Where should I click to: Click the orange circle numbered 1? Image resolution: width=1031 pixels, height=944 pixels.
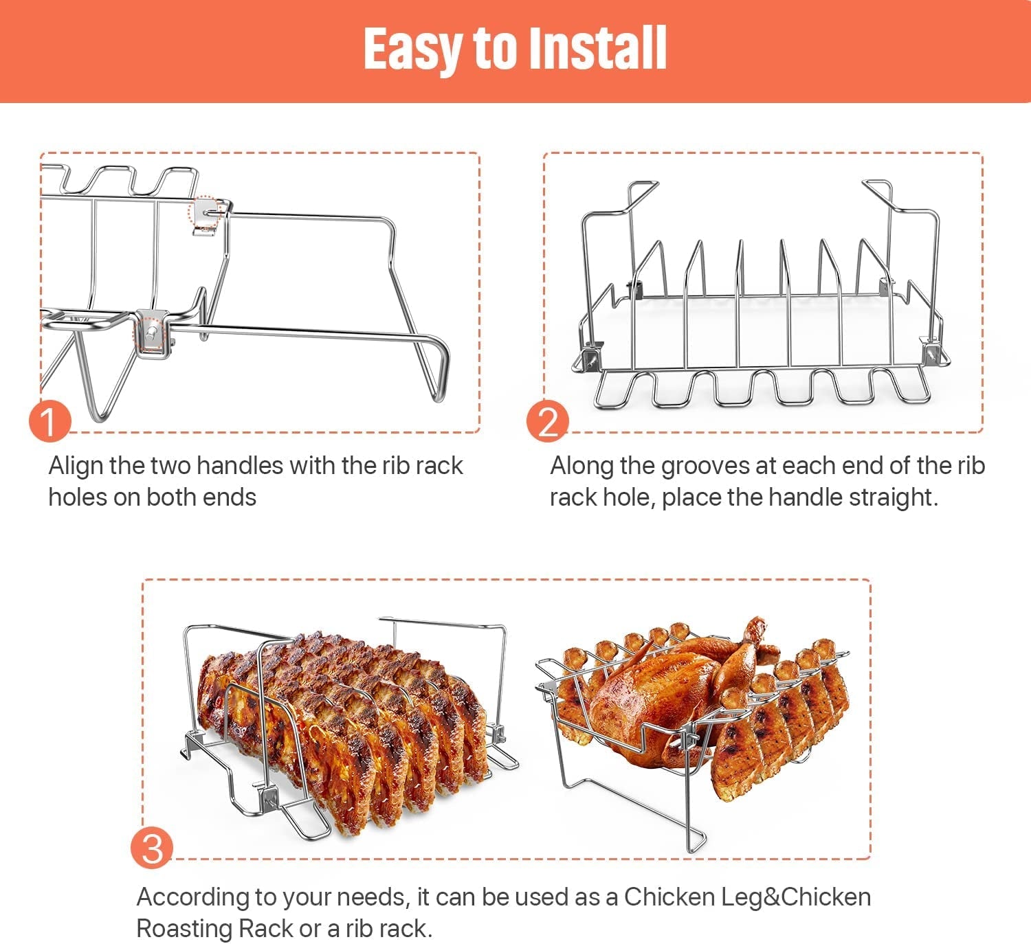pos(49,420)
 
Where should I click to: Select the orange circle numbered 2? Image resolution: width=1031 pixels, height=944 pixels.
pos(548,421)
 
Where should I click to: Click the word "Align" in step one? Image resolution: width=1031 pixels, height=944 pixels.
pos(76,466)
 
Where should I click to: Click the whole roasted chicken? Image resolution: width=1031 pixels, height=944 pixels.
pos(660,694)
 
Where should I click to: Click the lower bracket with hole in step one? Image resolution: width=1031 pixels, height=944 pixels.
pos(153,333)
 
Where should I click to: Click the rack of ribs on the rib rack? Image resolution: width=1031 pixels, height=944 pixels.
pos(344,715)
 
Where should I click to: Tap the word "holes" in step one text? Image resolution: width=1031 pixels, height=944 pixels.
pos(77,497)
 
